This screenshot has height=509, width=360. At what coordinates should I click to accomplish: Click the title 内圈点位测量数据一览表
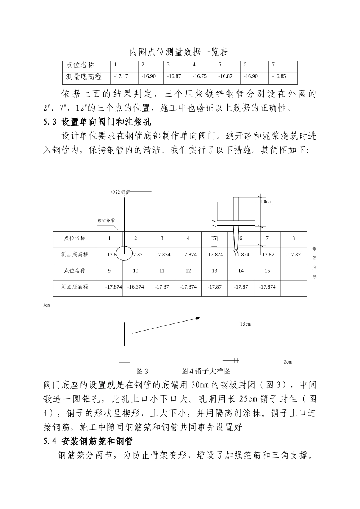click(x=179, y=52)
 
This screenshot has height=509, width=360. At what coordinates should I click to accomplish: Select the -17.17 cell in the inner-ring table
click(x=121, y=76)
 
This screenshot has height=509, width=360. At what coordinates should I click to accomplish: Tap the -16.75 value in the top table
click(x=200, y=76)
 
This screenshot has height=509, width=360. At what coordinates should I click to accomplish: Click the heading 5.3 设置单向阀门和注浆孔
click(x=98, y=123)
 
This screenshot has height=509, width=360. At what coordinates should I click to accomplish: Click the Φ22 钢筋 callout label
click(x=121, y=192)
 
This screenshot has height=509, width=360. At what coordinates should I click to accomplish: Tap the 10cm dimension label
click(x=266, y=201)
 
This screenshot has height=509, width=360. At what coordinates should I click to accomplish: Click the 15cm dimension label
click(x=245, y=324)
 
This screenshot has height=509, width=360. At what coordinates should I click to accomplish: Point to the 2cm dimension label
click(x=288, y=362)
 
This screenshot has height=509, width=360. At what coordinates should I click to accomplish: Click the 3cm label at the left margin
click(x=46, y=305)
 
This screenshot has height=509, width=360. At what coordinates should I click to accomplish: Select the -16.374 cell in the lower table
click(x=135, y=287)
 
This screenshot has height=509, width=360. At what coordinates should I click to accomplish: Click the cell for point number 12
click(x=188, y=271)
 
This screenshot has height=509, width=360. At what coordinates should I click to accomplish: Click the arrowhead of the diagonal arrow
click(x=197, y=319)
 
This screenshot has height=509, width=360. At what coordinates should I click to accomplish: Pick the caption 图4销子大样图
click(x=206, y=371)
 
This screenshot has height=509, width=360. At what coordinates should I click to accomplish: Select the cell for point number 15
click(x=267, y=271)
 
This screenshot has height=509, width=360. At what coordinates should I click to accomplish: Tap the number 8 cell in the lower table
click(x=294, y=238)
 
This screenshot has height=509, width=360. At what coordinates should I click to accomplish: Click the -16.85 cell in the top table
click(x=279, y=76)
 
